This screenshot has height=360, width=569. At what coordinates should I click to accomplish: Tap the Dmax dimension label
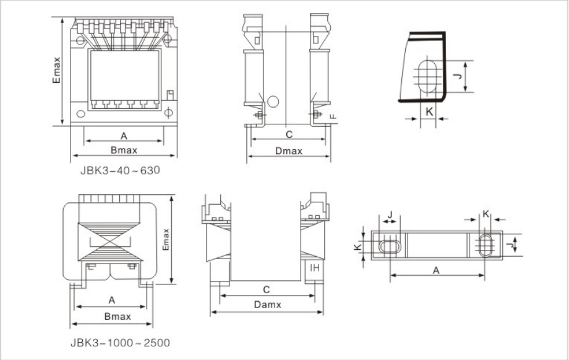click(288, 150)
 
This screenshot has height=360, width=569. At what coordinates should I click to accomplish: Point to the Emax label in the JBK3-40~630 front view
click(56, 71)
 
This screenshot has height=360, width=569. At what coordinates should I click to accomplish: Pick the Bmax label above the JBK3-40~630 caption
click(124, 150)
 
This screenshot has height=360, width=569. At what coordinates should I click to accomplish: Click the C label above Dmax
click(288, 134)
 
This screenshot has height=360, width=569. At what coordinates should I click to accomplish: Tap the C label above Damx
click(266, 289)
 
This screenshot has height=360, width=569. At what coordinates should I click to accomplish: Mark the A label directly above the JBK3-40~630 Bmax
click(123, 135)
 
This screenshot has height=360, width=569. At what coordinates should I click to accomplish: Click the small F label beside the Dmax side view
click(333, 116)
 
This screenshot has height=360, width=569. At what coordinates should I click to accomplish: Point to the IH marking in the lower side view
click(314, 268)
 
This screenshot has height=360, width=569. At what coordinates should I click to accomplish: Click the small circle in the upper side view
click(273, 101)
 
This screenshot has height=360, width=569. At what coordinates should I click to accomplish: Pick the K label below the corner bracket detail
click(429, 112)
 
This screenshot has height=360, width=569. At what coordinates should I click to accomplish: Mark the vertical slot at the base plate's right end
click(486, 244)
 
